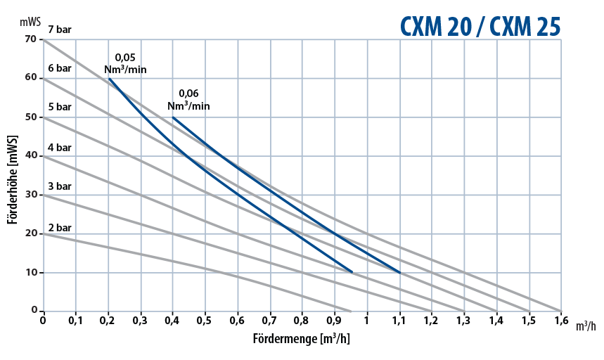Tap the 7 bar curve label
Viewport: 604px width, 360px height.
click(x=60, y=30)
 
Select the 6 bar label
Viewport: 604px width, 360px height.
click(x=60, y=68)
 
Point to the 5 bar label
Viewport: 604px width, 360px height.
click(x=60, y=107)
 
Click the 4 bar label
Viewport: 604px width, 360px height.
click(x=60, y=148)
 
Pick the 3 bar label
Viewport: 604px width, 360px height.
click(x=60, y=186)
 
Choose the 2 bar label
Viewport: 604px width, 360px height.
click(x=60, y=228)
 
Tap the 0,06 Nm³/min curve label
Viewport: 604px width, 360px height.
click(x=188, y=100)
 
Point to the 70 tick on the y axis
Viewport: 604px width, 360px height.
click(x=30, y=39)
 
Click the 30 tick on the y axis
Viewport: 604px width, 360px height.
click(x=30, y=195)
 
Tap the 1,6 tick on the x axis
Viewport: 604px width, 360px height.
click(x=560, y=322)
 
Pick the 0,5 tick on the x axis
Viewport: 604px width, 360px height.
click(x=205, y=322)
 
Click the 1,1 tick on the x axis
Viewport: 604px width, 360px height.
click(x=399, y=322)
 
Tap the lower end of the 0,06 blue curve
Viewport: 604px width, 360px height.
click(x=399, y=272)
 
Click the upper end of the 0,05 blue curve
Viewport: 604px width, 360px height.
click(x=109, y=79)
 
